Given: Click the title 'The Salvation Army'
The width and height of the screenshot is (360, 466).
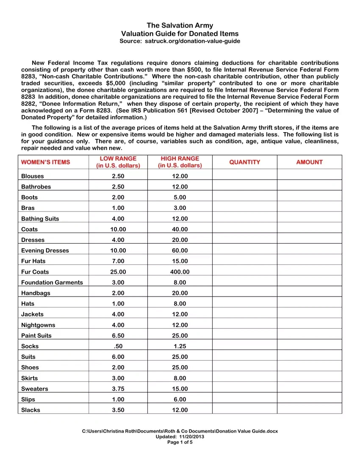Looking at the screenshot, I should (180, 25).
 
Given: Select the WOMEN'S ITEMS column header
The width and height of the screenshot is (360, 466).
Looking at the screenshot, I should (45, 162).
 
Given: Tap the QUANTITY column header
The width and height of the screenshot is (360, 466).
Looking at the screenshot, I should (244, 162).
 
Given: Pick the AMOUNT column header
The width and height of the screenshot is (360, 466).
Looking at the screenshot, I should (309, 162).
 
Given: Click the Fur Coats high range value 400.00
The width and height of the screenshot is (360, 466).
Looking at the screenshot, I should (180, 272).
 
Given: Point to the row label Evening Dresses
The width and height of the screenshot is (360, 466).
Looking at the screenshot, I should (45, 250).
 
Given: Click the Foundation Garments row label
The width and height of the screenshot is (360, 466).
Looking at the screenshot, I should (52, 282).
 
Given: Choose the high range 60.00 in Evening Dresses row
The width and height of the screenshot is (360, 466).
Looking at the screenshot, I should (180, 250).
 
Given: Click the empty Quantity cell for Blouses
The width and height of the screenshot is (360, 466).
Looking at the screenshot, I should (244, 176).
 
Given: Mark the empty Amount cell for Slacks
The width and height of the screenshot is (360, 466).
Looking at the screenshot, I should (309, 410).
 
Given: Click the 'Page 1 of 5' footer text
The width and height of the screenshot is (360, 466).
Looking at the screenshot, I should (180, 442).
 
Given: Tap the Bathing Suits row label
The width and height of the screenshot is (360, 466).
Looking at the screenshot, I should (40, 219).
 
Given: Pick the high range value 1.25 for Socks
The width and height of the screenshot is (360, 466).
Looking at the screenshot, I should (180, 346).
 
